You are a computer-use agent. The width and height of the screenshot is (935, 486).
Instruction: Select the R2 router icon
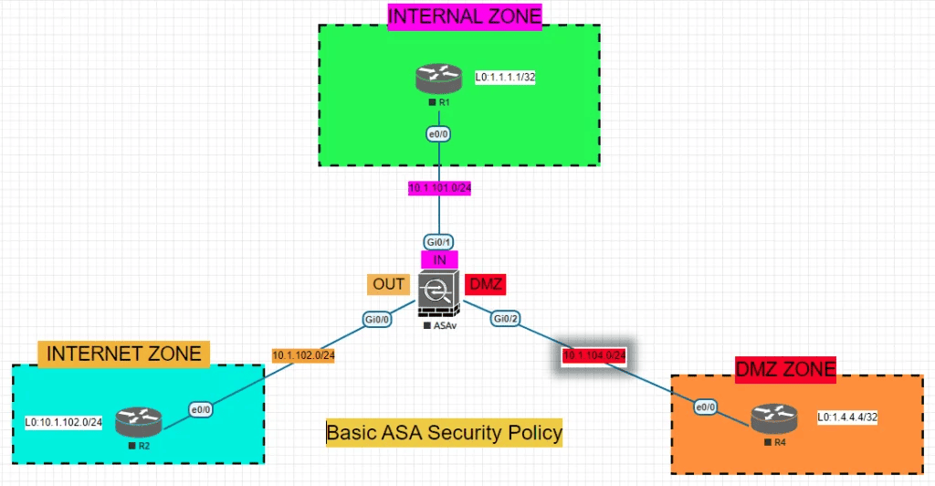139,421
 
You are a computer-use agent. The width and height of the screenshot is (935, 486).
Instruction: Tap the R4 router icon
774,418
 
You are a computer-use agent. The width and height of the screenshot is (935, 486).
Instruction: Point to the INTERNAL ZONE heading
465,16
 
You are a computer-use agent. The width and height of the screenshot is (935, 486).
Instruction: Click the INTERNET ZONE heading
124,353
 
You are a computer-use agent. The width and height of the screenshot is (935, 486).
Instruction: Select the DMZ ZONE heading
785,369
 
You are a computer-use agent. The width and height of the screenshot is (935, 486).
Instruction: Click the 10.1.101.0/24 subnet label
439,189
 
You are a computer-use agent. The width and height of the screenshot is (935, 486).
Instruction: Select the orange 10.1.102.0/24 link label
303,354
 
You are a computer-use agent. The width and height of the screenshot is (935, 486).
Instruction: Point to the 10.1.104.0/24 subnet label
594,355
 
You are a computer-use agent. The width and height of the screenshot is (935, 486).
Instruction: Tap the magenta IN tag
439,259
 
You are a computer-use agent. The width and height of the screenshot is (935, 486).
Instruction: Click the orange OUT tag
388,284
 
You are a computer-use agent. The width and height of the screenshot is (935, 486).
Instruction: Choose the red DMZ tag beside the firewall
485,284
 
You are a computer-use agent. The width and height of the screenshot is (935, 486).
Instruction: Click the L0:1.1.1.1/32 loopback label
504,78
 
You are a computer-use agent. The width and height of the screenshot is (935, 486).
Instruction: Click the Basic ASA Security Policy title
444,432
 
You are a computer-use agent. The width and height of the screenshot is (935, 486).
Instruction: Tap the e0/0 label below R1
439,134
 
